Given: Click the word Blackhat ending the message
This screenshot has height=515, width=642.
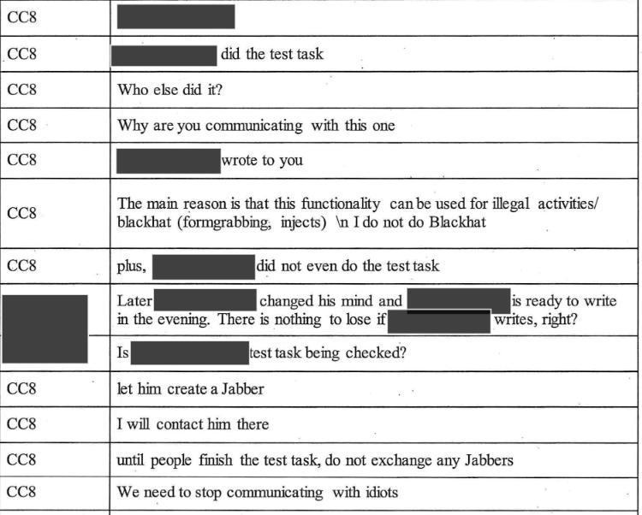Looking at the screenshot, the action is [458, 222].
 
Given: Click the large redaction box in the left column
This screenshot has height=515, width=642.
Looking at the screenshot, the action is [45, 329].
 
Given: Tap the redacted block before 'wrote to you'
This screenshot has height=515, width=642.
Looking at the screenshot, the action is [168, 161].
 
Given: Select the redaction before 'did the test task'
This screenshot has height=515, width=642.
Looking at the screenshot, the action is [163, 55].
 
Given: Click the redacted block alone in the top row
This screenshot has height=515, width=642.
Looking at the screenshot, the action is [175, 16].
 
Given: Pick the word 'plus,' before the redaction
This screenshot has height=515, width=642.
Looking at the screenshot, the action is [132, 266].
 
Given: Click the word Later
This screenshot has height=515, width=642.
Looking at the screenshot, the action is [134, 302].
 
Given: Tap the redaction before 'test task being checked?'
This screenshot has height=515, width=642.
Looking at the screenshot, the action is [189, 352].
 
